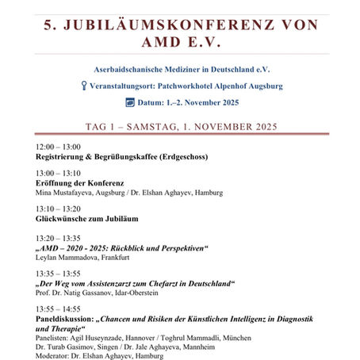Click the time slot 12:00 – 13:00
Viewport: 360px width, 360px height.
pos(59,147)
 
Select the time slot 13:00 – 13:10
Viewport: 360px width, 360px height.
pos(59,173)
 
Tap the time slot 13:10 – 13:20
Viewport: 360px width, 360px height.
pos(59,208)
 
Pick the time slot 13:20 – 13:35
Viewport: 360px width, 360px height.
pos(59,238)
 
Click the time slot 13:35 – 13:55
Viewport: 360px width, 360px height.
pos(59,272)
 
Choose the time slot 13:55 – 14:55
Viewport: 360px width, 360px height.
pos(59,308)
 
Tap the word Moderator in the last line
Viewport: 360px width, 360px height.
pos(54,356)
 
